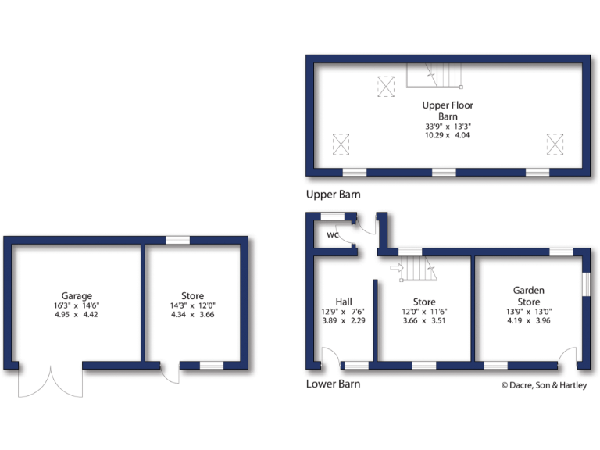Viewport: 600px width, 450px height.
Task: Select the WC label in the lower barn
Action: [332, 234]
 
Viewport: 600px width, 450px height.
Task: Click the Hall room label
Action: [344, 302]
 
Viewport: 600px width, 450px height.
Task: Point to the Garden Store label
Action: [528, 296]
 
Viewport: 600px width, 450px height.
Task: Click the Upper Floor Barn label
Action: [448, 110]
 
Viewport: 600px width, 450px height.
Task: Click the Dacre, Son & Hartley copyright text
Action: [545, 384]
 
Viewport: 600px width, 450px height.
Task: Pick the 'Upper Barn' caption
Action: [334, 194]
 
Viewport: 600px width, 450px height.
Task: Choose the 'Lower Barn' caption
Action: [334, 384]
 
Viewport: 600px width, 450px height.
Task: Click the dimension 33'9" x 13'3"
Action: [448, 126]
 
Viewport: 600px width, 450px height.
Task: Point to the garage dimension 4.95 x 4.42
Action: [77, 314]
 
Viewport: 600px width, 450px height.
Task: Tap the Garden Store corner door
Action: [568, 357]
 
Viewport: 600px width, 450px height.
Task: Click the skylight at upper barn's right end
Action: [555, 144]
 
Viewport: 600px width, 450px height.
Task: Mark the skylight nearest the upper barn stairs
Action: [386, 86]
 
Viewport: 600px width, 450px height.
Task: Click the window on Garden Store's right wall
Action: [585, 284]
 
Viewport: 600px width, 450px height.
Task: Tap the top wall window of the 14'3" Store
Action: [177, 240]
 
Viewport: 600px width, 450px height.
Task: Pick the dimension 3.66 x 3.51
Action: [424, 320]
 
